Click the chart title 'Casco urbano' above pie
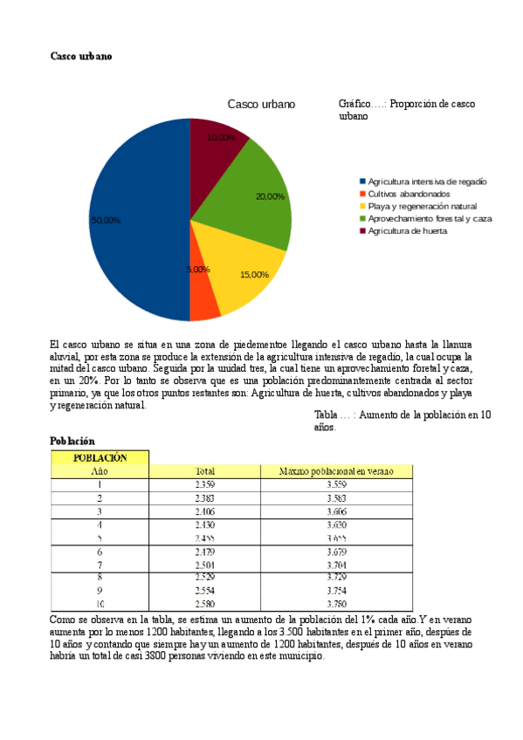click(x=261, y=104)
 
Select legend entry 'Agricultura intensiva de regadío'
click(x=427, y=181)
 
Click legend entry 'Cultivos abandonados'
click(x=409, y=193)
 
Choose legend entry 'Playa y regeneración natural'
click(x=420, y=205)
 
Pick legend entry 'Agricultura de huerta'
click(x=407, y=230)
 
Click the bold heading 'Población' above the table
click(x=72, y=442)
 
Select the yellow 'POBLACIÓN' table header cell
click(x=100, y=457)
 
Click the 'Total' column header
click(x=205, y=471)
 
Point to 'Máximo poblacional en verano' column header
click(x=336, y=471)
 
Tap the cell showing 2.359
click(x=205, y=484)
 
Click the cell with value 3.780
click(x=336, y=603)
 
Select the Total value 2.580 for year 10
click(x=205, y=603)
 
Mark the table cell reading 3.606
click(x=336, y=511)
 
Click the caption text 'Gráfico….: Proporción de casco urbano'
click(x=406, y=109)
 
